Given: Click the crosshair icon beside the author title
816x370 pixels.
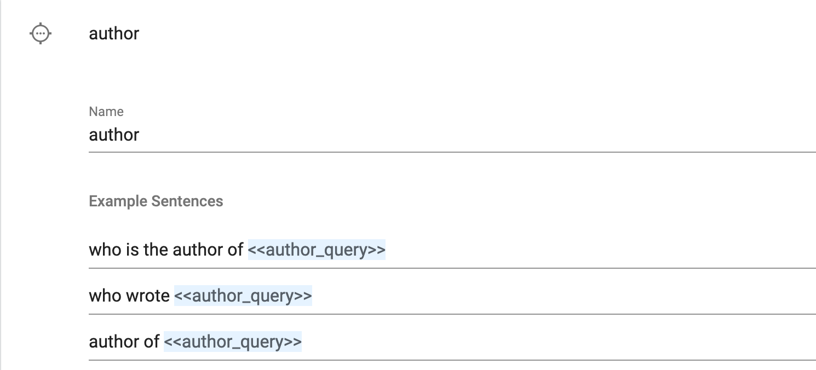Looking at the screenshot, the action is pos(41,33).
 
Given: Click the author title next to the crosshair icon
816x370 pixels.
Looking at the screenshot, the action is pos(114,33).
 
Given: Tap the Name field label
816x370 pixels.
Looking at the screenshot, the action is pos(106,112).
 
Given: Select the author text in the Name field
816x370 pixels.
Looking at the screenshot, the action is pos(114,135).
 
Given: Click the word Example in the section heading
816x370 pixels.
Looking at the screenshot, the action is pos(118,201).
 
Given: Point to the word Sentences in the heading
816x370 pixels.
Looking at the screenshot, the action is pos(187,201).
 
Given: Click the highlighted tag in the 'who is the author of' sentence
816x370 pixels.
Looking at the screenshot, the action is pos(317,250).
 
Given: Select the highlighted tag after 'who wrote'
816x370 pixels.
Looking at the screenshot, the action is pos(243,296).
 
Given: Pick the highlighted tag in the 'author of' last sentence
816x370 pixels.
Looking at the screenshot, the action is pos(233,342).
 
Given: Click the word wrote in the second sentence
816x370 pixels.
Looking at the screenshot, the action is pos(147,296).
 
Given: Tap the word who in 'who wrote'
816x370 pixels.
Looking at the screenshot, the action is pos(105,296).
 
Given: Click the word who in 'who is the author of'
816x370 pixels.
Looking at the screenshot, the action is pos(105,250).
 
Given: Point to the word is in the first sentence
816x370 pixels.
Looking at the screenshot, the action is pos(132,250).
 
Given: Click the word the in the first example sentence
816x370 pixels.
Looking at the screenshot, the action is pos(156,250).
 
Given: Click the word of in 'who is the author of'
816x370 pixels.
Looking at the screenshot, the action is pos(235,250).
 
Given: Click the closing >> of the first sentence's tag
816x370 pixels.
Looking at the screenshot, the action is pos(376,250).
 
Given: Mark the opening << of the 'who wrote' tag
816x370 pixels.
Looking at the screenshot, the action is pos(183,296).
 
